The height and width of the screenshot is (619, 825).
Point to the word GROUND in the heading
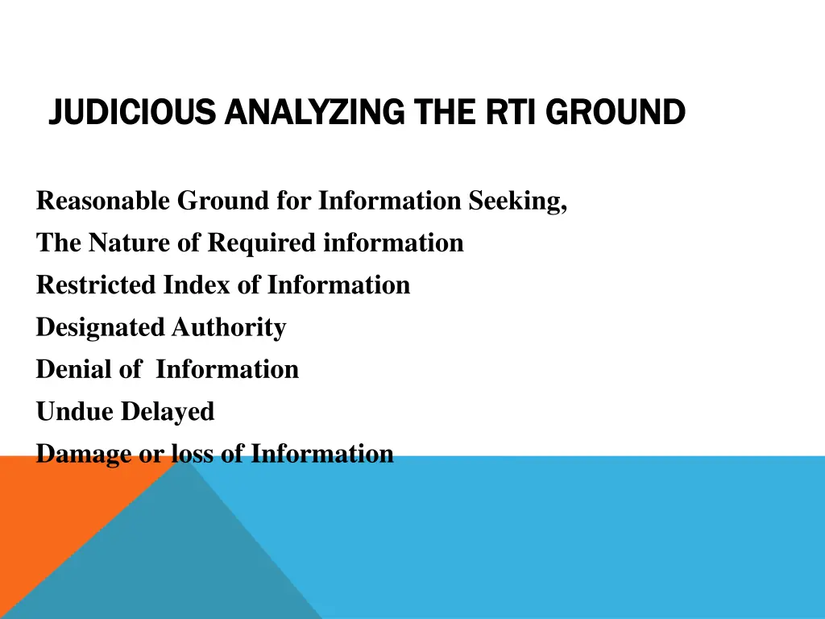(x=616, y=112)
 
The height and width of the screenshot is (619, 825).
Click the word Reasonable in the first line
(x=103, y=201)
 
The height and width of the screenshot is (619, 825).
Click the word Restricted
(x=97, y=285)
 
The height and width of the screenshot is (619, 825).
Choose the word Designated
(x=100, y=327)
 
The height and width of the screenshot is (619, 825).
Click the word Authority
(x=229, y=327)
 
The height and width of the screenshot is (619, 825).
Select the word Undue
(x=75, y=412)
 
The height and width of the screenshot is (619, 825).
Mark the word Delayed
(x=168, y=412)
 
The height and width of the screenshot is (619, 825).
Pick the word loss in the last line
(x=191, y=454)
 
